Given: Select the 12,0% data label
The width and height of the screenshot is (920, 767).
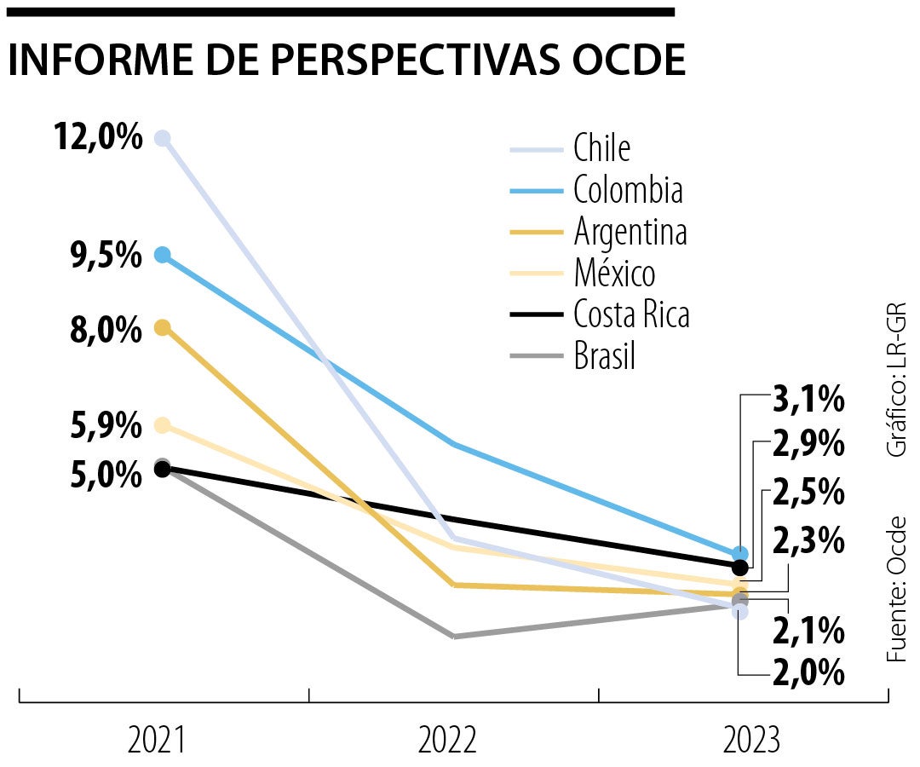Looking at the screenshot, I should point(97,136).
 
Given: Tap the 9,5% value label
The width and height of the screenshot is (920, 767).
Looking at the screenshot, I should point(106,254).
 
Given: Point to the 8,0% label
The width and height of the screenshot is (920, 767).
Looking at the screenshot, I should point(106,328).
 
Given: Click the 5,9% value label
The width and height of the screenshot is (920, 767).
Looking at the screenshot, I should point(106,424).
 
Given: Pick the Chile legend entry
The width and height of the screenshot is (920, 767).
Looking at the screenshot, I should point(601,148).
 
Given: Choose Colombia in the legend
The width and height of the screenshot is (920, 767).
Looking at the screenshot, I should point(628,189).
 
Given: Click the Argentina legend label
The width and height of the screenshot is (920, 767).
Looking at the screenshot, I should point(630,231).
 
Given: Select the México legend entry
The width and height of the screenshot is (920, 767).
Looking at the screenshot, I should point(614,273).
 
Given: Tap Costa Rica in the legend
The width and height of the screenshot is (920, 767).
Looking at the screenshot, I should point(631,314).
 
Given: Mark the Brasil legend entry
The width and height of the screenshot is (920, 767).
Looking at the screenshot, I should point(605,355).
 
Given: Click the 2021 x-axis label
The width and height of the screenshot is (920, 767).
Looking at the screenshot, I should point(157,741).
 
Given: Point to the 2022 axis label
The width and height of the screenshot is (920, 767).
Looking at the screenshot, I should point(447,741).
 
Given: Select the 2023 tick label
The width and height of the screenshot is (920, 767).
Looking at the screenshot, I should point(750,741).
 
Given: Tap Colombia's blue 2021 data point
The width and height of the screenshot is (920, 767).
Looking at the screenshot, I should point(162,254).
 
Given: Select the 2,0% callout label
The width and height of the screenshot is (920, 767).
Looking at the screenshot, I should point(808,674).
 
